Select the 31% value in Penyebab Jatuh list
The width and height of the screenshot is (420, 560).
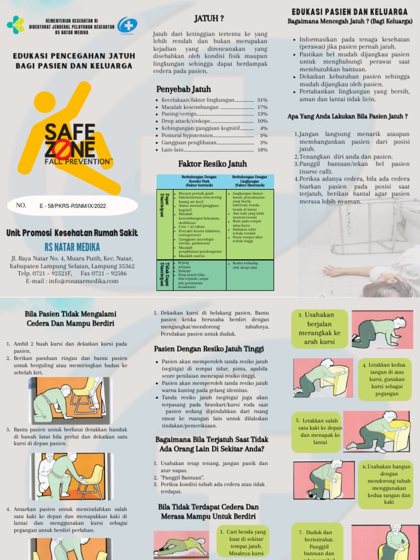pyautogui.click(x=262, y=100)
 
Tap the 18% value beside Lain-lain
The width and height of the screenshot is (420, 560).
pyautogui.click(x=262, y=149)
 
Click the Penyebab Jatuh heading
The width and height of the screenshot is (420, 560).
pyautogui.click(x=183, y=89)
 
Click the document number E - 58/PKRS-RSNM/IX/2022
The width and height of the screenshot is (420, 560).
pyautogui.click(x=73, y=206)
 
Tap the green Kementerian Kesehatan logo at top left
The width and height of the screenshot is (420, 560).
pyautogui.click(x=15, y=25)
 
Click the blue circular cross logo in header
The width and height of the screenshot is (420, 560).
pyautogui.click(x=127, y=25)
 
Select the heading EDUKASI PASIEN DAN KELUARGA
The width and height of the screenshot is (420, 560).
pyautogui.click(x=349, y=11)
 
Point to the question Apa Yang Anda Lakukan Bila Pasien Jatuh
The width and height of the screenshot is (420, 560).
pyautogui.click(x=348, y=116)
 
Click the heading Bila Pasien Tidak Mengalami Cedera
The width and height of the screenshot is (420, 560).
pyautogui.click(x=69, y=319)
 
